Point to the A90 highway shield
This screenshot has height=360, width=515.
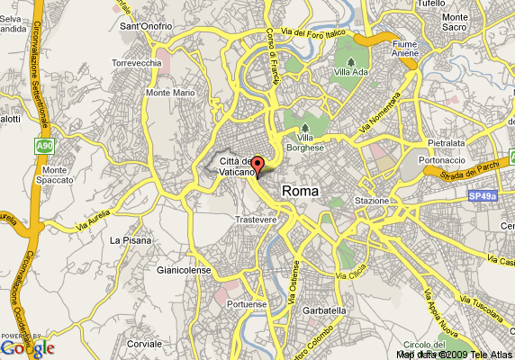coord(45,144)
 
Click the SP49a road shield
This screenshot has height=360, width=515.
coord(483,193)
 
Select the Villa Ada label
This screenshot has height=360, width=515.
coord(350,72)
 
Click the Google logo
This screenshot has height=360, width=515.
coord(28,347)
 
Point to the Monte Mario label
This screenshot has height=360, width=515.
coord(171,93)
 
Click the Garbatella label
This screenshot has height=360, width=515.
coord(325,310)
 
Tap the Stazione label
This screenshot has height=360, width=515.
coord(372,200)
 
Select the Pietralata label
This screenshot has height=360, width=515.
coord(447,142)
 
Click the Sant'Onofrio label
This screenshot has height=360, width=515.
coord(146,26)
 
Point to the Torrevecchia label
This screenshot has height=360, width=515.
coord(136,64)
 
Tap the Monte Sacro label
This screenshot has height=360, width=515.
coord(468,22)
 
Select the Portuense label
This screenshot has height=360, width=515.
coord(248,304)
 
